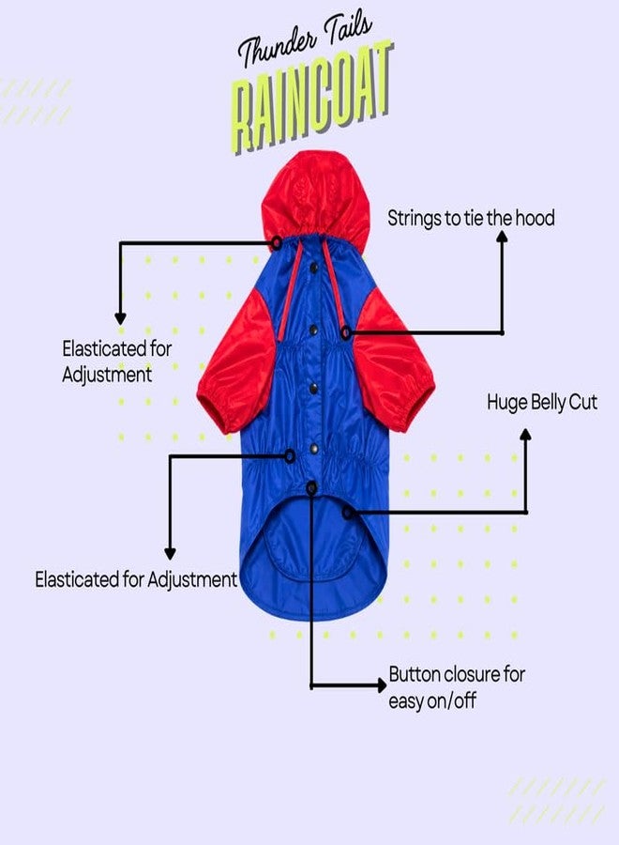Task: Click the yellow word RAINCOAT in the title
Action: (311, 99)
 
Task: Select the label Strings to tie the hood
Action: (471, 218)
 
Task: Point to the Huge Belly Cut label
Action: (542, 403)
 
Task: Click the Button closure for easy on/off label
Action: (457, 687)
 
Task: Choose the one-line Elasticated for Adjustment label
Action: (136, 580)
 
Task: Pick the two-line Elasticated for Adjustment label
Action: (116, 361)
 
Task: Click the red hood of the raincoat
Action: (316, 196)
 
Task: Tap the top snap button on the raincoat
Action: (313, 268)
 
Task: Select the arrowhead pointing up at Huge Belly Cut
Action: (526, 435)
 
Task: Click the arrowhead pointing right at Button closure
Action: (381, 685)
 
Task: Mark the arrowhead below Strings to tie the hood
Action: (502, 237)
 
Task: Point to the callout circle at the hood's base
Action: (277, 243)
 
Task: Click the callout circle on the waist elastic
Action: (290, 456)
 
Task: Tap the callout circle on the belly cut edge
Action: (348, 513)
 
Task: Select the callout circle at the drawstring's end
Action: (346, 332)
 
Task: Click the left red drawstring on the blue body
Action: (291, 291)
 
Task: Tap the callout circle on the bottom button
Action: (311, 488)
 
